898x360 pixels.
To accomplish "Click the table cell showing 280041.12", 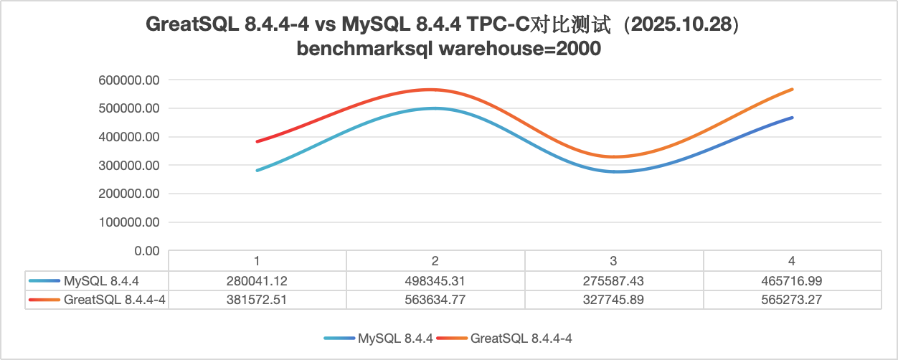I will (x=256, y=280).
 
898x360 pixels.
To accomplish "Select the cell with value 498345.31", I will (x=435, y=280).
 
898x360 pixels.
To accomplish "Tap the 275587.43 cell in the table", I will (x=614, y=280).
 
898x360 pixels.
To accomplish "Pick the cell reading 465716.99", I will (x=792, y=280).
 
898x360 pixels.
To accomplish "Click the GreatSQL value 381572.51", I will (x=256, y=300).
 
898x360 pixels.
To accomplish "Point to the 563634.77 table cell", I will (x=435, y=300).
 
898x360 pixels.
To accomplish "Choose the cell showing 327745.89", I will (x=614, y=300).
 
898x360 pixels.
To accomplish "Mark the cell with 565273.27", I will (x=792, y=300).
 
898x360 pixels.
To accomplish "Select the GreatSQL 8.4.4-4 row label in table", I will (x=115, y=300).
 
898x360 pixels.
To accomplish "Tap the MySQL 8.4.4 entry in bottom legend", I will (x=395, y=337).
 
